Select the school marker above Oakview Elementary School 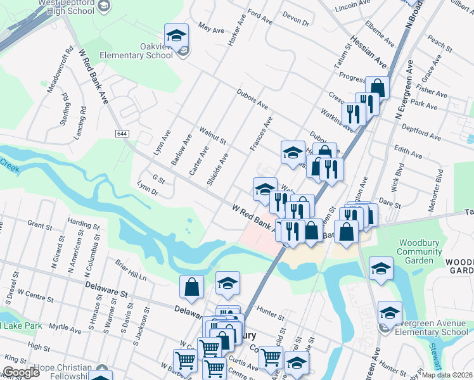tap(177, 35)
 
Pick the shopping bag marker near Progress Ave tap(377, 87)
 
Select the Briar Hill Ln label tap(131, 270)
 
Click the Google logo tap(20, 372)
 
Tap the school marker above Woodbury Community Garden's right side tap(381, 269)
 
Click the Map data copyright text tap(446, 375)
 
